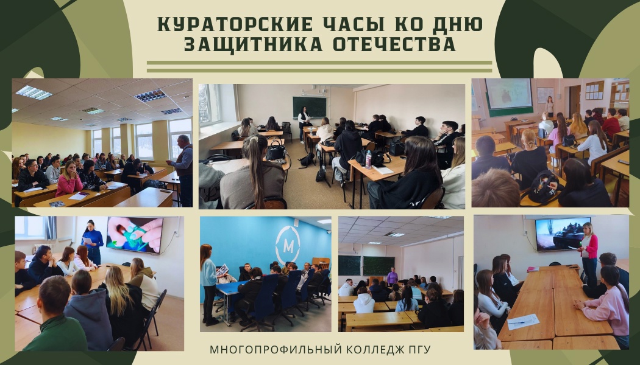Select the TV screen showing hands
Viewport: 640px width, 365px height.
coord(134,235)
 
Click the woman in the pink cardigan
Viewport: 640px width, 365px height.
coord(589,252)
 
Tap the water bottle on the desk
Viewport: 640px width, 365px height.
coord(368,159)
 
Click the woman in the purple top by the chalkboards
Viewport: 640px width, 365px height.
coord(393,276)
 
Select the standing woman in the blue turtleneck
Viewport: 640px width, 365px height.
coord(93,241)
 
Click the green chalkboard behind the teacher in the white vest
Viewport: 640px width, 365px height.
coord(310,106)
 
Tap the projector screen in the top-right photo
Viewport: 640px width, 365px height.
coord(508,93)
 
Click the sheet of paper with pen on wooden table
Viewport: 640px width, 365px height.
coord(522,321)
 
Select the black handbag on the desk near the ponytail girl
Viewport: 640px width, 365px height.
coord(276,151)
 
